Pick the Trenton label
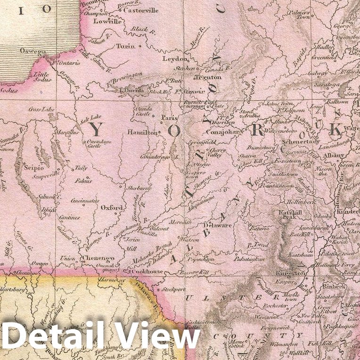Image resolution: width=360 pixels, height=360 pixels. pos(207,77)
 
